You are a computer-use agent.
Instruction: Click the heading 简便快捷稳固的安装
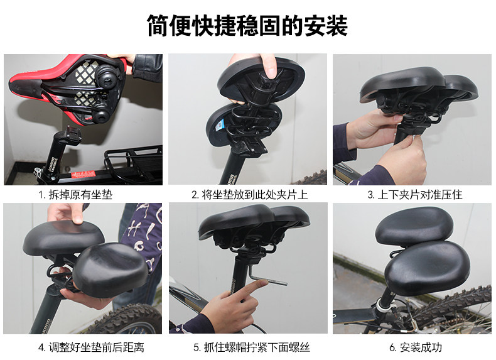click(247, 26)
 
